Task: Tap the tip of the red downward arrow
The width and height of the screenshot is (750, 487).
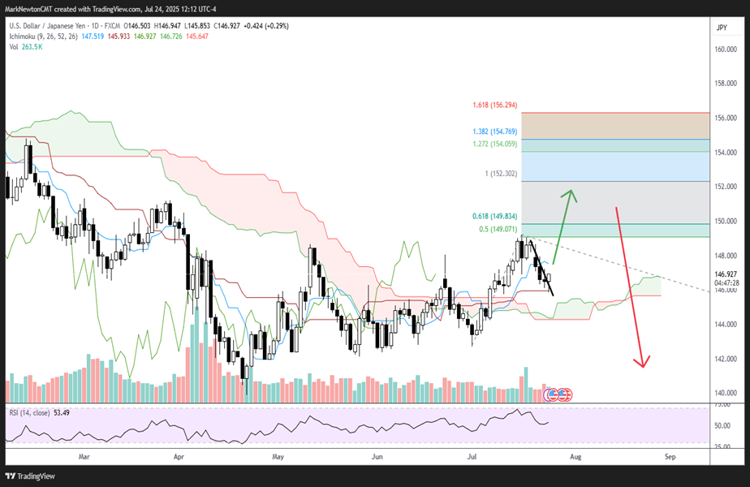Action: [x=644, y=365]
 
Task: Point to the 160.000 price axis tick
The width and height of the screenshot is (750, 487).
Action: [x=725, y=49]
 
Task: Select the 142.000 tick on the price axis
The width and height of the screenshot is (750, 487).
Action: [x=725, y=359]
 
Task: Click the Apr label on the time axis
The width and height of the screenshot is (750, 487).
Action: [x=181, y=457]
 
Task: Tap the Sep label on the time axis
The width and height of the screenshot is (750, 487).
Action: [x=670, y=457]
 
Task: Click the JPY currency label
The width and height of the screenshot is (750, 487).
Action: [x=722, y=28]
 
